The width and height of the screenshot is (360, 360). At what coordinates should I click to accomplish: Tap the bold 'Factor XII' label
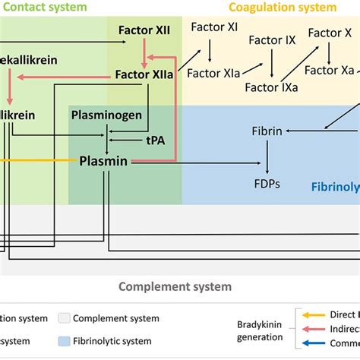[x=144, y=33]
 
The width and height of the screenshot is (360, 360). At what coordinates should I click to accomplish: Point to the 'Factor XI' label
[x=214, y=27]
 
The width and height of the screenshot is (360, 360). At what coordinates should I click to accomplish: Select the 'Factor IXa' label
[x=271, y=87]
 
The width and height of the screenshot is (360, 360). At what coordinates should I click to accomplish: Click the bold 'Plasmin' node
[x=103, y=161]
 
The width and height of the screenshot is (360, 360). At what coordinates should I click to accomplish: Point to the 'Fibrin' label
[x=267, y=131]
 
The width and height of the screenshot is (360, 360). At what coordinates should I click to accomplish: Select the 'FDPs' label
[x=267, y=183]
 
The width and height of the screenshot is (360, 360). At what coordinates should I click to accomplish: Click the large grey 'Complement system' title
[x=175, y=287]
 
